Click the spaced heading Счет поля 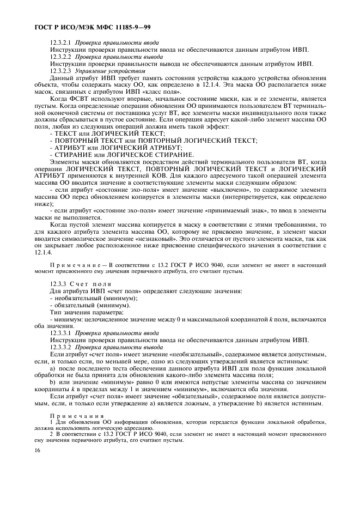click(90, 284)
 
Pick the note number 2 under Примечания click(51, 434)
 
